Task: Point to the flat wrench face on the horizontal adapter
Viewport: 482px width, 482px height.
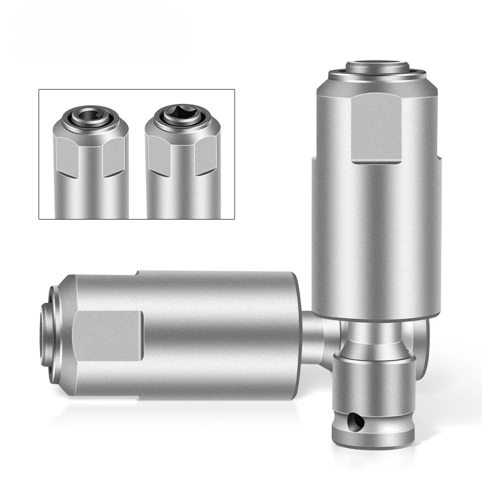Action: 109,334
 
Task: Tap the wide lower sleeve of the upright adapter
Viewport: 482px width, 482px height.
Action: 376,241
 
